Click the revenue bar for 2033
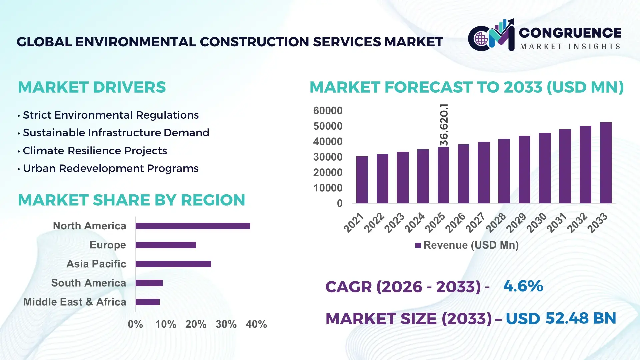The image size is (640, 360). click(x=606, y=163)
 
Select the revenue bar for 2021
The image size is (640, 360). click(x=362, y=180)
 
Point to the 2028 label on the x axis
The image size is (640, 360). click(x=496, y=223)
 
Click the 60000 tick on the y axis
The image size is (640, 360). click(x=328, y=111)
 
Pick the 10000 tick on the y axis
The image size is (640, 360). click(x=328, y=188)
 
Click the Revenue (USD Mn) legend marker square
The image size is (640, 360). click(x=418, y=246)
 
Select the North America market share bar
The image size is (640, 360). click(x=193, y=226)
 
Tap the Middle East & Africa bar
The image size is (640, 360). click(x=147, y=302)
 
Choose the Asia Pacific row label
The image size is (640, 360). click(x=96, y=264)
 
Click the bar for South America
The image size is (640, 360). click(x=149, y=283)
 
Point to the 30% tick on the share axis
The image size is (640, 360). click(x=226, y=324)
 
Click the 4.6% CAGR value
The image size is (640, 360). click(x=523, y=286)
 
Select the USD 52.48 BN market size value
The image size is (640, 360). click(x=561, y=318)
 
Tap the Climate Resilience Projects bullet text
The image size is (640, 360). click(x=95, y=151)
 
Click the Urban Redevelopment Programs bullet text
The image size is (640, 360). click(x=110, y=168)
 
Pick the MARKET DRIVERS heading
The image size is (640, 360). click(x=92, y=87)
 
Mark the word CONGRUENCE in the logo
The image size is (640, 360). click(x=570, y=33)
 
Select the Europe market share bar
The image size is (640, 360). click(x=166, y=245)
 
